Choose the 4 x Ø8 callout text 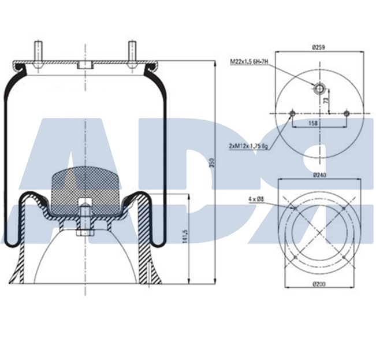256,199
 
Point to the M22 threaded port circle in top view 319,88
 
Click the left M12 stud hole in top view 292,113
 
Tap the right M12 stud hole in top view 346,113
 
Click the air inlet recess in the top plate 85,65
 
